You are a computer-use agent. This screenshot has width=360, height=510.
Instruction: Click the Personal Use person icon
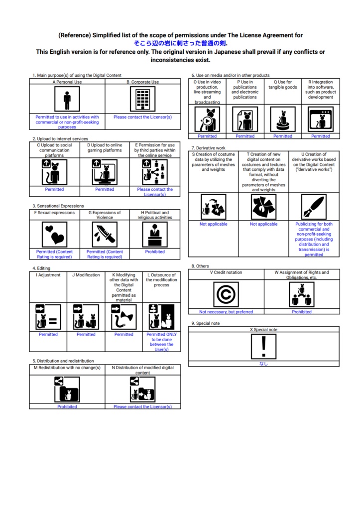[67, 99]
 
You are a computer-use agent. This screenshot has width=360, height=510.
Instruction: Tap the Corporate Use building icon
[142, 99]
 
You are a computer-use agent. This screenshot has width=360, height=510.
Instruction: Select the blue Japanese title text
[180, 43]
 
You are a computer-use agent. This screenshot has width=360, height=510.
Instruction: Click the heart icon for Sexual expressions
[54, 235]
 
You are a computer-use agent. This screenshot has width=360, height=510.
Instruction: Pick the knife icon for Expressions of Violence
[105, 235]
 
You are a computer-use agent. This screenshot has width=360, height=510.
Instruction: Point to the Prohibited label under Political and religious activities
[155, 252]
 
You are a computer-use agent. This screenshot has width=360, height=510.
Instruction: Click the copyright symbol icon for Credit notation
[226, 294]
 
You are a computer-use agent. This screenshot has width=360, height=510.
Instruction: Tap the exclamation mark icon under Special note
[264, 347]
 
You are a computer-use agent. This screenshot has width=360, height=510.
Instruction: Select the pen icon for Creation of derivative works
[314, 207]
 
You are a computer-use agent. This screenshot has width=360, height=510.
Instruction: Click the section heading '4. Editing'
[41, 268]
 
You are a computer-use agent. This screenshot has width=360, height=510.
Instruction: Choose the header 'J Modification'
[86, 275]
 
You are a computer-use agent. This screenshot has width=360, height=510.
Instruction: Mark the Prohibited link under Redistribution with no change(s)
[67, 406]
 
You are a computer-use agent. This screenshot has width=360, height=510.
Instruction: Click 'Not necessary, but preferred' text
[226, 312]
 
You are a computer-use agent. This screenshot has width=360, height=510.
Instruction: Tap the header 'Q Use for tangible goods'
[283, 85]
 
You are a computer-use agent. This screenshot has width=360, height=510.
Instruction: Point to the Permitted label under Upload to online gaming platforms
[105, 189]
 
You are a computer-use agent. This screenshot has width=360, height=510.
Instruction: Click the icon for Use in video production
[207, 120]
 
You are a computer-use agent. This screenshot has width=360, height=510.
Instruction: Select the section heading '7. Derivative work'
[208, 147]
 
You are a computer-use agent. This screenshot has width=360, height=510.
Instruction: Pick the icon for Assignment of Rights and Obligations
[301, 294]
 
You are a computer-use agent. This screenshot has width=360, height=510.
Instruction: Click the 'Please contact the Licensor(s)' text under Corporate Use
[142, 117]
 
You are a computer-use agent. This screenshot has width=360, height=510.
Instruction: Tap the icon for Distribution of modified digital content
[142, 389]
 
